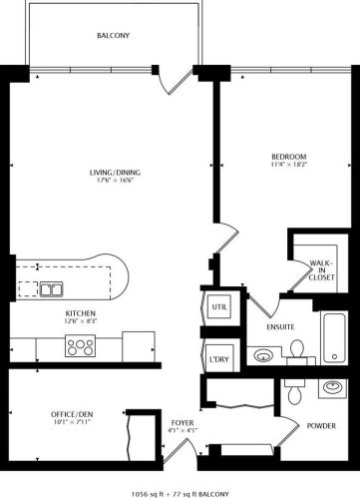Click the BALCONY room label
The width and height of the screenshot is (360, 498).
(x=113, y=35)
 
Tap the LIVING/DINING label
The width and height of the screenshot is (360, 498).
(x=115, y=173)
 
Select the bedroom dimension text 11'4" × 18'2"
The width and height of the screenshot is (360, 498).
(x=289, y=164)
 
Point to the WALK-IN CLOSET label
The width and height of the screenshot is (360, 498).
(x=321, y=270)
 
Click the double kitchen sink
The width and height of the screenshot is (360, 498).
(x=52, y=289)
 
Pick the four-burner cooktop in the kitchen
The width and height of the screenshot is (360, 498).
(x=80, y=345)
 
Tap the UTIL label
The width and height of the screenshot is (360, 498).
(x=219, y=306)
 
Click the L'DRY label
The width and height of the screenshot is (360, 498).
(x=219, y=359)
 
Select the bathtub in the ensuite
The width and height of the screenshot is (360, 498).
(x=334, y=337)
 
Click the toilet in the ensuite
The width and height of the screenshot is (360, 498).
(x=297, y=349)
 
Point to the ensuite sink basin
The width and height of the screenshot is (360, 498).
(x=263, y=355)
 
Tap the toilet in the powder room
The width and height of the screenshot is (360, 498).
(x=294, y=391)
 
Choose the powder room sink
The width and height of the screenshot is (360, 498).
(x=333, y=388)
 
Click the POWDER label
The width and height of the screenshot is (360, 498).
(x=321, y=426)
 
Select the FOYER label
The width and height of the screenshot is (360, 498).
(x=182, y=423)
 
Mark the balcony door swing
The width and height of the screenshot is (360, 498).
(x=175, y=83)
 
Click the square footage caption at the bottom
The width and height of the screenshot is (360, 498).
(x=180, y=494)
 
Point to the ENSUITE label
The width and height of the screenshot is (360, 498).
(x=280, y=327)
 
